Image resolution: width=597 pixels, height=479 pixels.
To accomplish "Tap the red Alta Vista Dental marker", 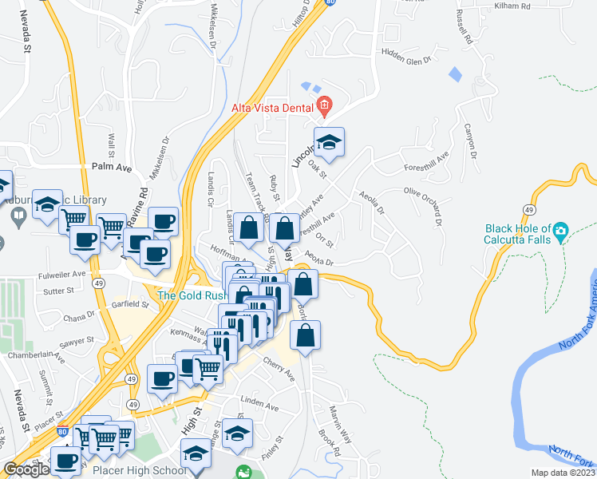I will coord(324,105).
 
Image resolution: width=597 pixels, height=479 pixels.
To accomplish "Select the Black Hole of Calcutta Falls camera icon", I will coord(560,233).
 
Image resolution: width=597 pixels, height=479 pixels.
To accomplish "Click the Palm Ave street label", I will coord(111,167).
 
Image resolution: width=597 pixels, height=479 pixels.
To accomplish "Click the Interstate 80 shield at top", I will coord(330,2).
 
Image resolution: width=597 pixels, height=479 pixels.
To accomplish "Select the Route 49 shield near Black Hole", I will coord(529,208).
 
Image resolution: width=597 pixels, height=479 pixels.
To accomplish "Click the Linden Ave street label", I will coord(260,407).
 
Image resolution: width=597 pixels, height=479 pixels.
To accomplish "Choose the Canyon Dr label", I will coord(471,142).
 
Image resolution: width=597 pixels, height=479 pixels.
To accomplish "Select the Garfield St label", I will coord(131,305).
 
